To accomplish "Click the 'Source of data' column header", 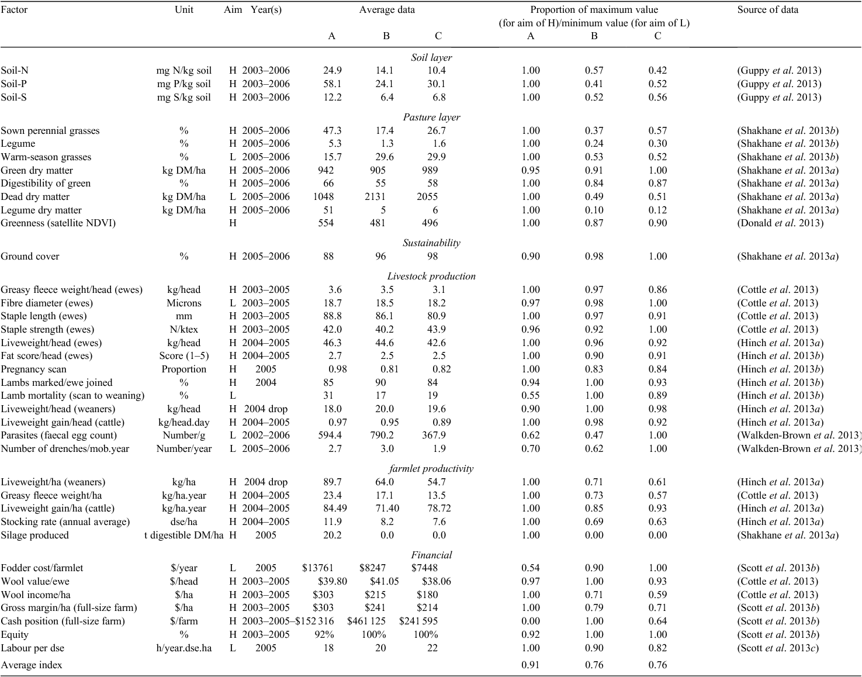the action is click(x=767, y=10).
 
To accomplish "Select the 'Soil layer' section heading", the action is click(x=431, y=57).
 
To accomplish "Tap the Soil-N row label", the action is click(x=14, y=71).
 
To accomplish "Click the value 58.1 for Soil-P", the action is click(x=332, y=84).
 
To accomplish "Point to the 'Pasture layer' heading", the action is click(x=431, y=118).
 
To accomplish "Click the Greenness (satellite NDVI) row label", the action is click(x=58, y=223).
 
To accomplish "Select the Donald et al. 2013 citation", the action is click(x=780, y=223).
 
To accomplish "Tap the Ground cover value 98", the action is click(x=432, y=256).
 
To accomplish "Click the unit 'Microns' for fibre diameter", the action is click(x=184, y=303).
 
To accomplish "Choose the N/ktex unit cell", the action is click(x=184, y=329).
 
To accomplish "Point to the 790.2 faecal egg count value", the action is click(x=382, y=436).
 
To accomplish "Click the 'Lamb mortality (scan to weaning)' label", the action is click(x=72, y=396).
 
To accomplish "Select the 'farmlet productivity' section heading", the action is click(x=431, y=469).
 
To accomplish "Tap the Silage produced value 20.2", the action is click(x=332, y=536).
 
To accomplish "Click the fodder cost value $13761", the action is click(x=318, y=568).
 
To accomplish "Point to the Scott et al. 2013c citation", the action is click(x=777, y=648).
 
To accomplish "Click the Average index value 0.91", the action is click(x=531, y=665).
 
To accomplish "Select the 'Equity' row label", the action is click(x=15, y=635).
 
